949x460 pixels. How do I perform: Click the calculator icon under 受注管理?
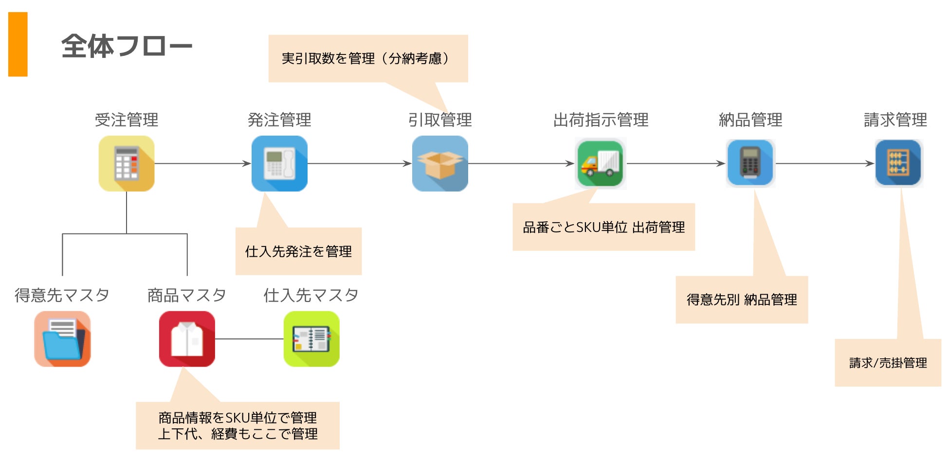pyautogui.click(x=127, y=163)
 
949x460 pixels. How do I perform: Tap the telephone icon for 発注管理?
pyautogui.click(x=279, y=163)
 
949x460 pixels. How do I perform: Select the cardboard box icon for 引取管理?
pyautogui.click(x=440, y=163)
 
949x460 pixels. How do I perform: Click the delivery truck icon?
pyautogui.click(x=600, y=163)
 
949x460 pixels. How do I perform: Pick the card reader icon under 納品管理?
pyautogui.click(x=750, y=163)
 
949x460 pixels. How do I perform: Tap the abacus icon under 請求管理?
pyautogui.click(x=898, y=163)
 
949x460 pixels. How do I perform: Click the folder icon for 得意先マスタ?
pyautogui.click(x=62, y=339)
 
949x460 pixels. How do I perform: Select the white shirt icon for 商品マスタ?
pyautogui.click(x=187, y=339)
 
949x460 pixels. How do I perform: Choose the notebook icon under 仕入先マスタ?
pyautogui.click(x=311, y=339)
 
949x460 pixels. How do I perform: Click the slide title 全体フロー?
pyautogui.click(x=127, y=46)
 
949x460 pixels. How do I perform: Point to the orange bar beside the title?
pyautogui.click(x=18, y=44)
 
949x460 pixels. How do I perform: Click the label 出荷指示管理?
pyautogui.click(x=601, y=120)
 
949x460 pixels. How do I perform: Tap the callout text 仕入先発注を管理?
pyautogui.click(x=298, y=251)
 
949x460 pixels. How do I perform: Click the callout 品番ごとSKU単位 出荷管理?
pyautogui.click(x=603, y=227)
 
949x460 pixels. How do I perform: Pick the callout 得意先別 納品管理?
pyautogui.click(x=742, y=300)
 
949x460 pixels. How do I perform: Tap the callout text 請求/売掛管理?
pyautogui.click(x=888, y=363)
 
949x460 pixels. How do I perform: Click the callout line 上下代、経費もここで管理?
pyautogui.click(x=237, y=434)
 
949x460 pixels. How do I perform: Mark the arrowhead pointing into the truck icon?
pyautogui.click(x=570, y=163)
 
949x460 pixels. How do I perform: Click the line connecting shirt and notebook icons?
pyautogui.click(x=249, y=339)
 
